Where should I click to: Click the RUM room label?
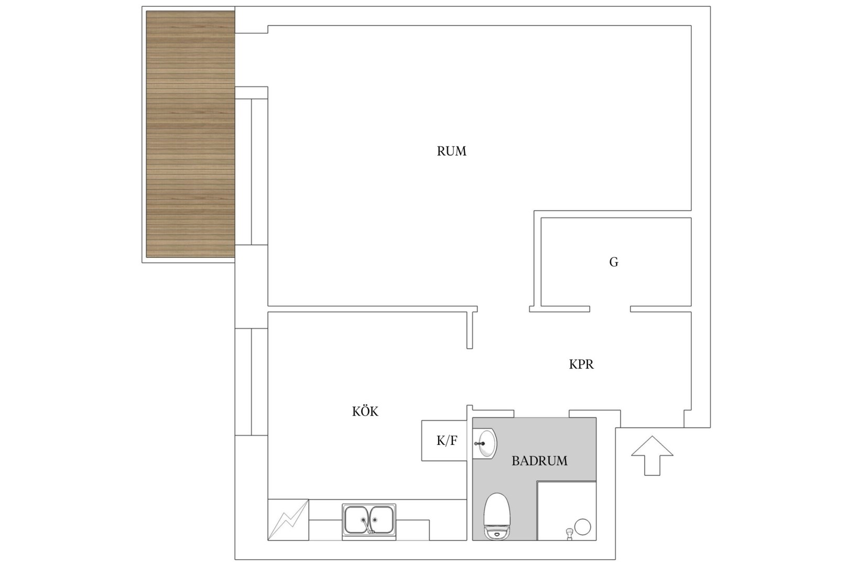click(451, 151)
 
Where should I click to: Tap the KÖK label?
click(365, 411)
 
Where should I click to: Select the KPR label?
click(581, 364)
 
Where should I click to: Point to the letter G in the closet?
click(614, 262)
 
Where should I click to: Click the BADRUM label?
click(539, 461)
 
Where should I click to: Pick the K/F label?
click(447, 441)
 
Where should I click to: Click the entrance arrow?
click(652, 455)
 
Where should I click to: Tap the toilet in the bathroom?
click(497, 516)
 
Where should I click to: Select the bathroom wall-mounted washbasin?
click(485, 443)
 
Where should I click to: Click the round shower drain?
click(583, 527)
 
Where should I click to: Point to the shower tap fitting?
click(569, 534)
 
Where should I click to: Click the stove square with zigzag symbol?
click(288, 519)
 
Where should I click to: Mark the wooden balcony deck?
click(190, 134)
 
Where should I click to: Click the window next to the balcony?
click(251, 172)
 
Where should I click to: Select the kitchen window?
click(251, 382)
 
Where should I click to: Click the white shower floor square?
click(567, 510)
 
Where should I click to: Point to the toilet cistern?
click(497, 532)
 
